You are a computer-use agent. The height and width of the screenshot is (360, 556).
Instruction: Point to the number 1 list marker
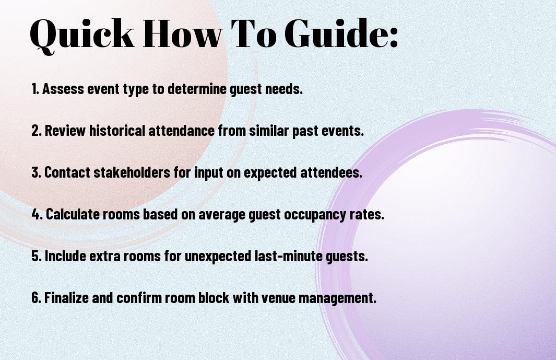[35, 89]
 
